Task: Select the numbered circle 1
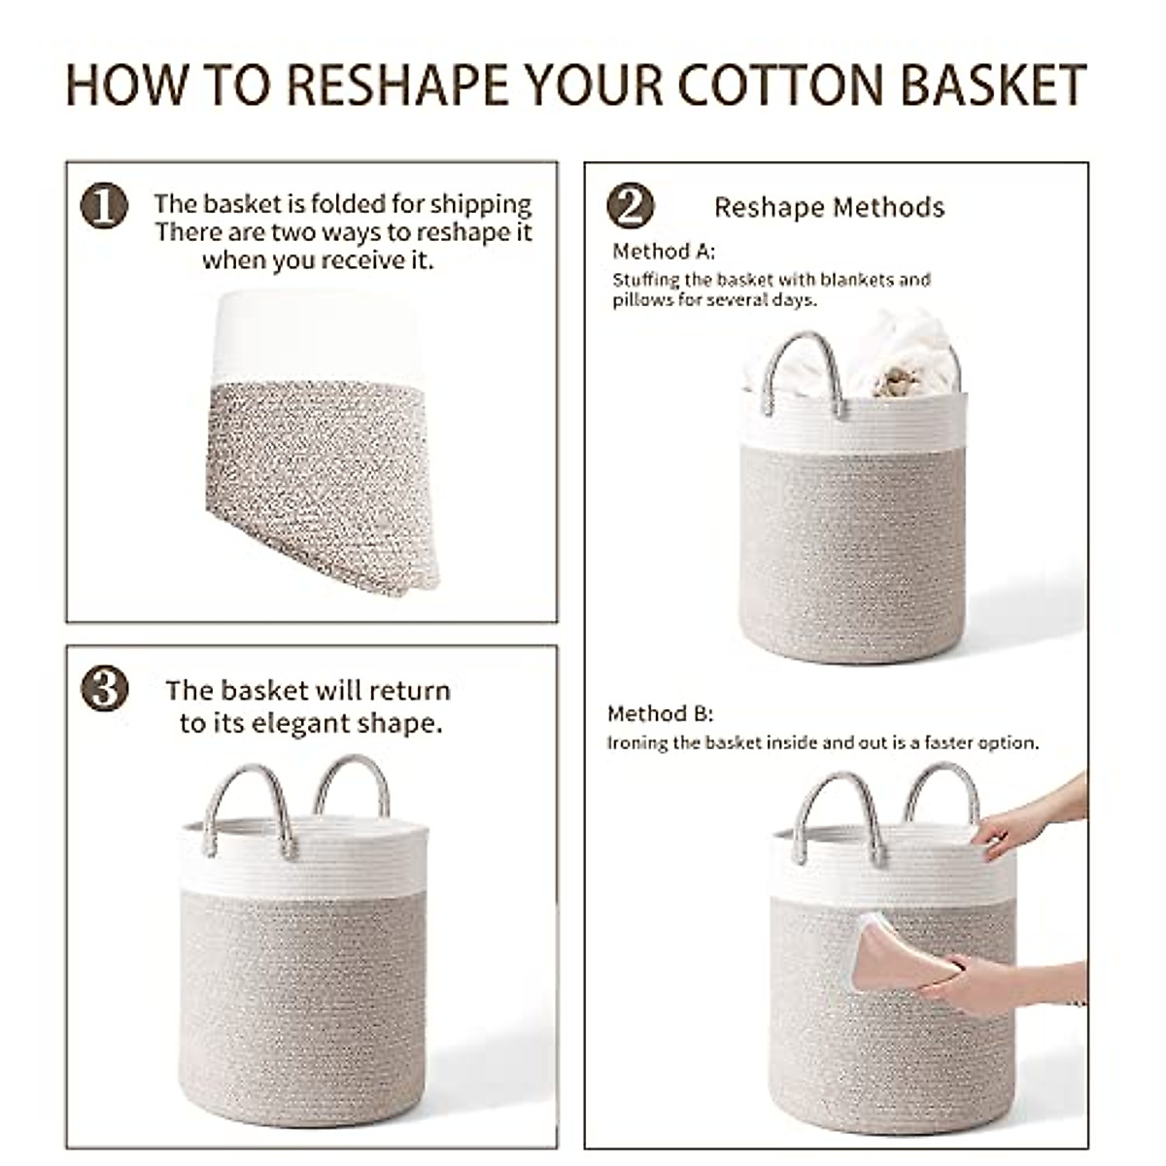[104, 206]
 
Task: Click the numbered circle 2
[629, 206]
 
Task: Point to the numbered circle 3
[104, 690]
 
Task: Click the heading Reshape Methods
[829, 207]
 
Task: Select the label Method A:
[663, 252]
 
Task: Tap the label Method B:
[660, 714]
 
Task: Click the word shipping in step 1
[481, 204]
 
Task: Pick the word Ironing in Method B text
[638, 743]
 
